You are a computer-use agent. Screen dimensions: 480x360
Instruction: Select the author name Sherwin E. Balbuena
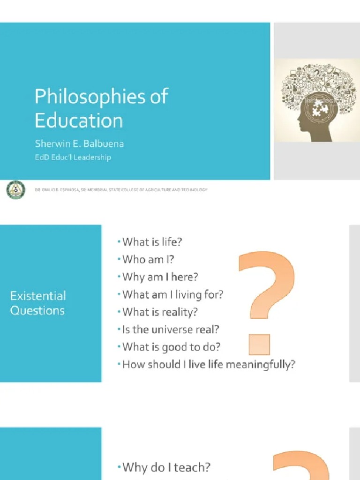click(x=79, y=143)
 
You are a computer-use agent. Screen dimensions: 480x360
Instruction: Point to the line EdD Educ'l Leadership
click(x=73, y=157)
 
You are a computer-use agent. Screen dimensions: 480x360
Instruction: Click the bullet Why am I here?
click(x=160, y=277)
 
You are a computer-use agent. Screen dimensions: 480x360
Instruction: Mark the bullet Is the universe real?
click(x=171, y=329)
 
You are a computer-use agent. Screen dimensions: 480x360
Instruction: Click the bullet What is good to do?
click(x=171, y=347)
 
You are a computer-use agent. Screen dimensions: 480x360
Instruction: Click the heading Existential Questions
click(x=38, y=303)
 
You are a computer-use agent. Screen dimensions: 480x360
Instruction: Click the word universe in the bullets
click(x=172, y=329)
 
